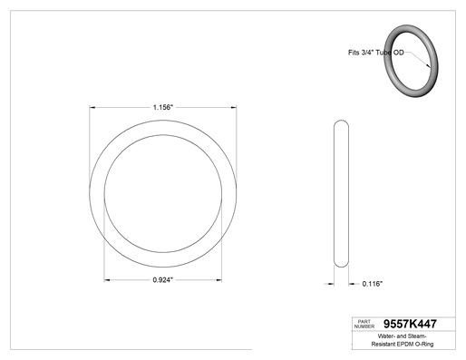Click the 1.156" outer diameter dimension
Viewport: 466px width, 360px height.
coord(163,107)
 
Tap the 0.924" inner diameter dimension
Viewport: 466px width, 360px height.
coord(163,280)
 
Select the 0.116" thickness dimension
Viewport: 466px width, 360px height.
coord(373,284)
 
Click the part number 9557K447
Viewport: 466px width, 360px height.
coord(410,324)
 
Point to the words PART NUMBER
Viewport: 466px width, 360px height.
coord(364,324)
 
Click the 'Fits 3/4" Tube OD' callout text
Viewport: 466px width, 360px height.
coord(376,53)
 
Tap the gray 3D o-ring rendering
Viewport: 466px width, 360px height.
coord(411,61)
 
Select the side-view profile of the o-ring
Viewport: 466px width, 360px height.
coord(341,194)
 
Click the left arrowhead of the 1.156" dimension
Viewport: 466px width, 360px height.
coord(92,107)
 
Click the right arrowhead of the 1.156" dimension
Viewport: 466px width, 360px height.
coord(234,107)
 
